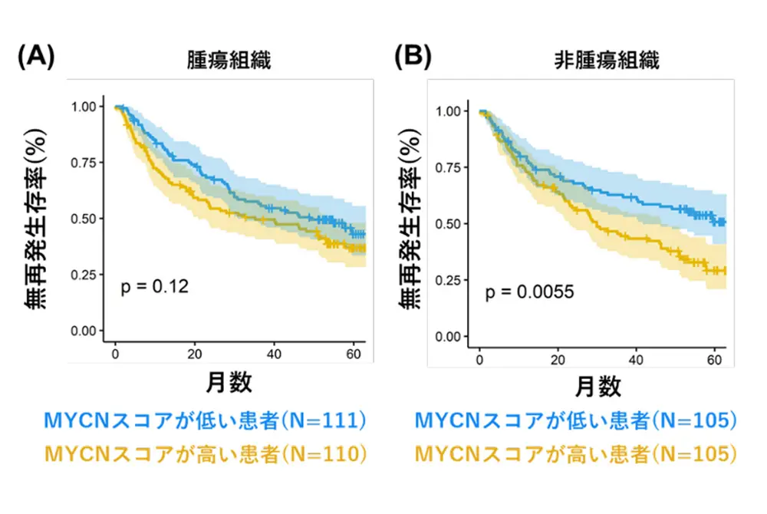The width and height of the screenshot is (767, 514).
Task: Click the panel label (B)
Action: pos(412,58)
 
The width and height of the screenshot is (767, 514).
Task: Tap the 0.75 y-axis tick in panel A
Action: pos(85,162)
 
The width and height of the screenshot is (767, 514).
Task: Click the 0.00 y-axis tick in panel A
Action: pos(85,331)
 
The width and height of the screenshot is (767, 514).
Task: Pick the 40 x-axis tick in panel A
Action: pos(275,355)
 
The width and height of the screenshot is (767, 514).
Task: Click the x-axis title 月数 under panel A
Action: pos(229,381)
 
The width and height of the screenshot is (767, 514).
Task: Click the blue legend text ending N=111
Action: pos(204,420)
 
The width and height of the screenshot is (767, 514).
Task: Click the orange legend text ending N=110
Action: pos(204,454)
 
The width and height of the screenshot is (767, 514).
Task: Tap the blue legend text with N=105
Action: pos(576,420)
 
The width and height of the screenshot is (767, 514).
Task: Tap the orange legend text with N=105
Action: pos(576,454)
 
